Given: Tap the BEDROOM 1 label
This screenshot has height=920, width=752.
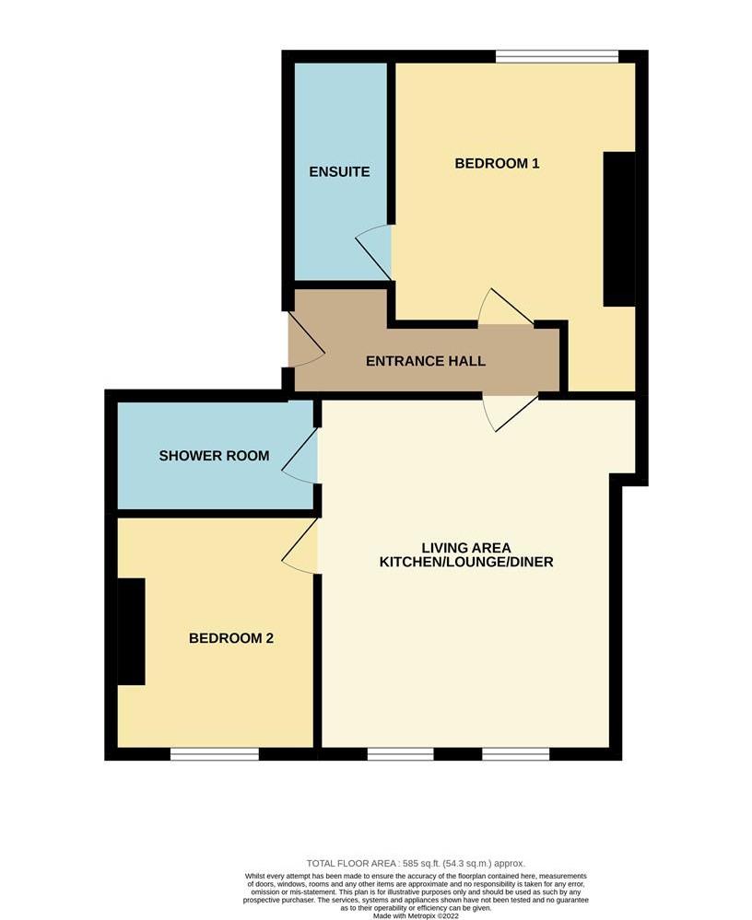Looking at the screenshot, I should click(x=497, y=164).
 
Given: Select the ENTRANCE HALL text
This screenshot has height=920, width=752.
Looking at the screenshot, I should click(x=426, y=361).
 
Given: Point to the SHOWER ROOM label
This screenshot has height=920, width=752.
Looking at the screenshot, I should click(x=214, y=456).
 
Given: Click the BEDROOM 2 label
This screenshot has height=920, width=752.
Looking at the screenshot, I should click(x=231, y=638).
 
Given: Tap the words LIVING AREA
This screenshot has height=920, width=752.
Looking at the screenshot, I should click(x=466, y=548).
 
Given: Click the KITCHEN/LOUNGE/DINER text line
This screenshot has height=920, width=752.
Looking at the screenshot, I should click(x=466, y=562).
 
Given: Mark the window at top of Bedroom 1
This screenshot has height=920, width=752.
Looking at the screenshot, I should click(x=556, y=57).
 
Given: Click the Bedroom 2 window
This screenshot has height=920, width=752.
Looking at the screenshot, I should click(x=215, y=753).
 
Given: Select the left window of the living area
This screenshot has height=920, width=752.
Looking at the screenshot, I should click(x=400, y=753).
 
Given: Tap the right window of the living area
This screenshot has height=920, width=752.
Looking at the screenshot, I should click(x=515, y=753).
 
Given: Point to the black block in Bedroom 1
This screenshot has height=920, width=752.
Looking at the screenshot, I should click(x=618, y=228).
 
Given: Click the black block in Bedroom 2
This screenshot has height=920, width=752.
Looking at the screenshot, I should click(x=131, y=632).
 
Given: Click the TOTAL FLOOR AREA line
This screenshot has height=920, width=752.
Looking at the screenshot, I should click(x=416, y=863).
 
